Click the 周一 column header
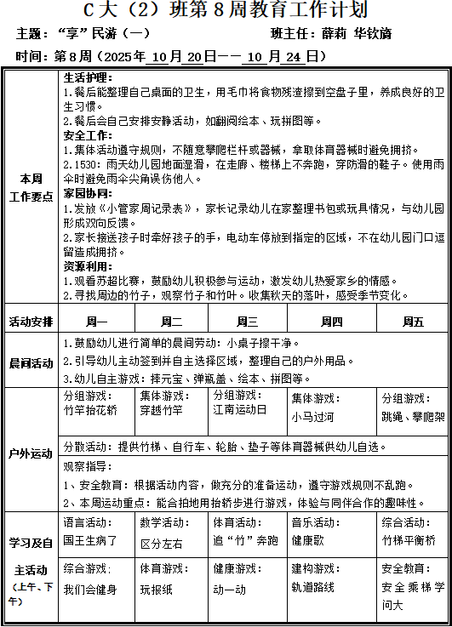pyautogui.click(x=96, y=322)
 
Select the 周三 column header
pyautogui.click(x=247, y=322)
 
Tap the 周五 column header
pyautogui.click(x=412, y=322)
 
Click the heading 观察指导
pyautogui.click(x=86, y=465)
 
